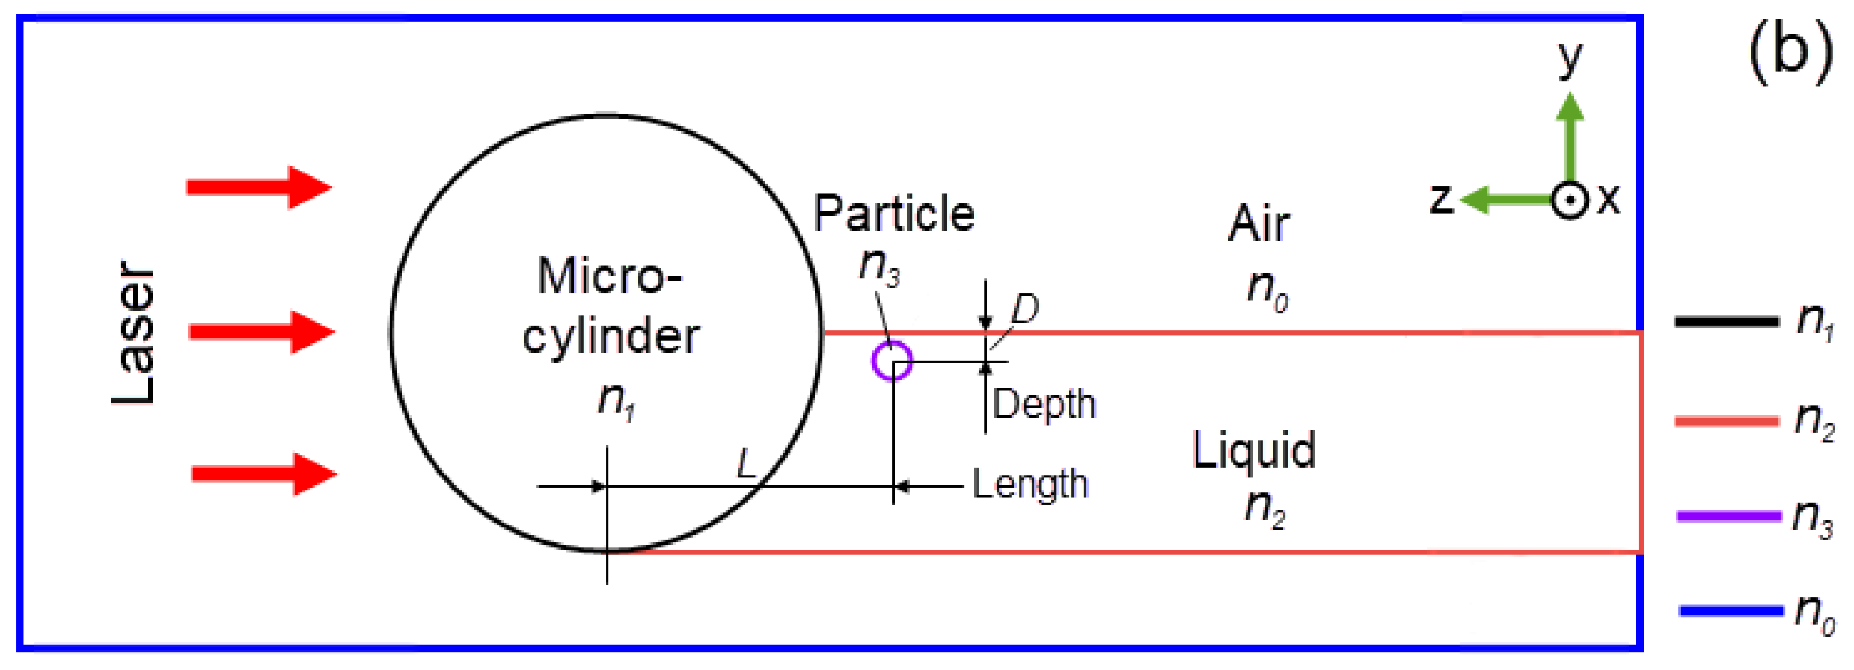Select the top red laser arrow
[x=259, y=187]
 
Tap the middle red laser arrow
[x=262, y=332]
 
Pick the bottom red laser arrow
[x=263, y=473]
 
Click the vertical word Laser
[x=134, y=333]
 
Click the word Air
[x=1258, y=224]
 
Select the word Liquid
[x=1254, y=450]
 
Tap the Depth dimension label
[x=1044, y=403]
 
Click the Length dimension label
[x=1030, y=483]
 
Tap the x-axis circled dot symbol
[x=1569, y=200]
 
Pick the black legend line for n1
[x=1727, y=321]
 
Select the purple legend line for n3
[x=1728, y=516]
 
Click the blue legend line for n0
[x=1731, y=611]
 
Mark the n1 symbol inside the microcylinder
[x=616, y=400]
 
